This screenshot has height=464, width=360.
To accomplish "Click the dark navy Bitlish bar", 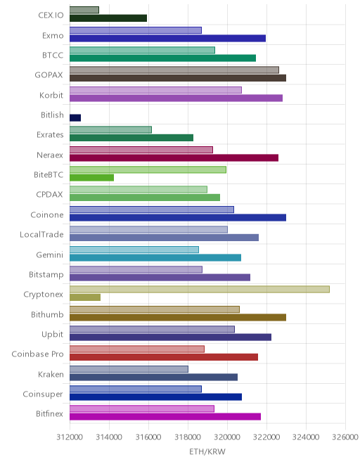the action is click(x=75, y=118).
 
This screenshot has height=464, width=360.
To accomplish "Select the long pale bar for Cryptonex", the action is click(x=200, y=289).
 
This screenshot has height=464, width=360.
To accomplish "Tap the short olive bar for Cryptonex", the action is click(x=85, y=297).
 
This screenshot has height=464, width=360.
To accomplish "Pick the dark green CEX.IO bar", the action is click(x=108, y=18).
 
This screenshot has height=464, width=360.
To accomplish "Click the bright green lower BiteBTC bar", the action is click(x=92, y=178).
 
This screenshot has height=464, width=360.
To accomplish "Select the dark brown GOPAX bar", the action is click(x=178, y=78).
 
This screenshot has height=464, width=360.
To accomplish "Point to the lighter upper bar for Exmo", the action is click(x=136, y=30).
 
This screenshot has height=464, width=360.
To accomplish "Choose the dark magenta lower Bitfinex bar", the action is click(x=165, y=417).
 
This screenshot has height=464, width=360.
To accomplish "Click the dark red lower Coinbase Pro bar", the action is click(x=164, y=357).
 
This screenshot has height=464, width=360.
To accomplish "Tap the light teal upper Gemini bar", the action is click(x=134, y=250).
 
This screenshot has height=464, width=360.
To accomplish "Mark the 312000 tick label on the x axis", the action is click(x=70, y=437).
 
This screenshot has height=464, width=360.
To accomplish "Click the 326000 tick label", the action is click(x=345, y=437).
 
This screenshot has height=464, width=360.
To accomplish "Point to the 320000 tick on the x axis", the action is click(x=227, y=437).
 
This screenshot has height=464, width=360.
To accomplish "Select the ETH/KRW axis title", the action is click(x=207, y=451).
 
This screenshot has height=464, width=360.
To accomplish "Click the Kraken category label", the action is click(x=51, y=374).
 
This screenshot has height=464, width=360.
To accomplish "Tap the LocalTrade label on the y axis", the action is click(x=41, y=234).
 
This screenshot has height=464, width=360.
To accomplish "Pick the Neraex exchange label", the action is click(x=50, y=155).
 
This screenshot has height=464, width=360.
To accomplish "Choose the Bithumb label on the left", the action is click(x=47, y=314).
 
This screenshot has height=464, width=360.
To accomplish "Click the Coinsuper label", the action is click(x=43, y=394).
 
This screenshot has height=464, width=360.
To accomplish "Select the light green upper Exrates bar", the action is click(x=110, y=129).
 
